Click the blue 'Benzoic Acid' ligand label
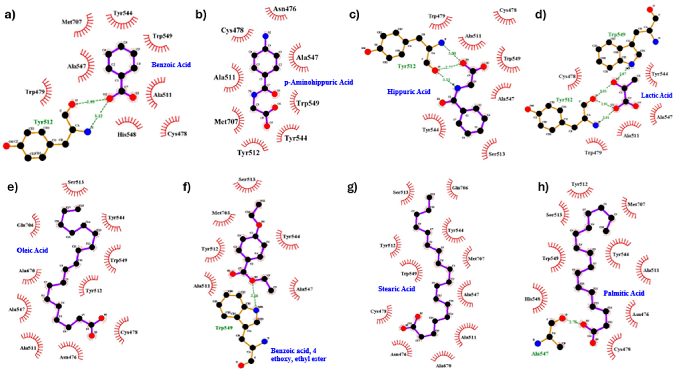pyautogui.click(x=171, y=65)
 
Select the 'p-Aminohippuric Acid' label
pyautogui.click(x=319, y=82)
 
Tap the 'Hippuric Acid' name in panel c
pyautogui.click(x=408, y=92)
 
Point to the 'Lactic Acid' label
pyautogui.click(x=656, y=95)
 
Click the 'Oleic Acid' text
pyautogui.click(x=32, y=250)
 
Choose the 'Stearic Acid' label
pyautogui.click(x=396, y=289)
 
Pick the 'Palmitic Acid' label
pyautogui.click(x=624, y=293)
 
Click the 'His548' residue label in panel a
pyautogui.click(x=127, y=135)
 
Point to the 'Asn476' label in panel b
pyautogui.click(x=284, y=9)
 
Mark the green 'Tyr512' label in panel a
pyautogui.click(x=43, y=122)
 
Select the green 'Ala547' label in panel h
pyautogui.click(x=540, y=354)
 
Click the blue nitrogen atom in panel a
pyautogui.click(x=88, y=132)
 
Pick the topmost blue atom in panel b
pyautogui.click(x=265, y=36)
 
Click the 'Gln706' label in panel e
pyautogui.click(x=25, y=225)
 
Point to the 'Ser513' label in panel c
pyautogui.click(x=497, y=154)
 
